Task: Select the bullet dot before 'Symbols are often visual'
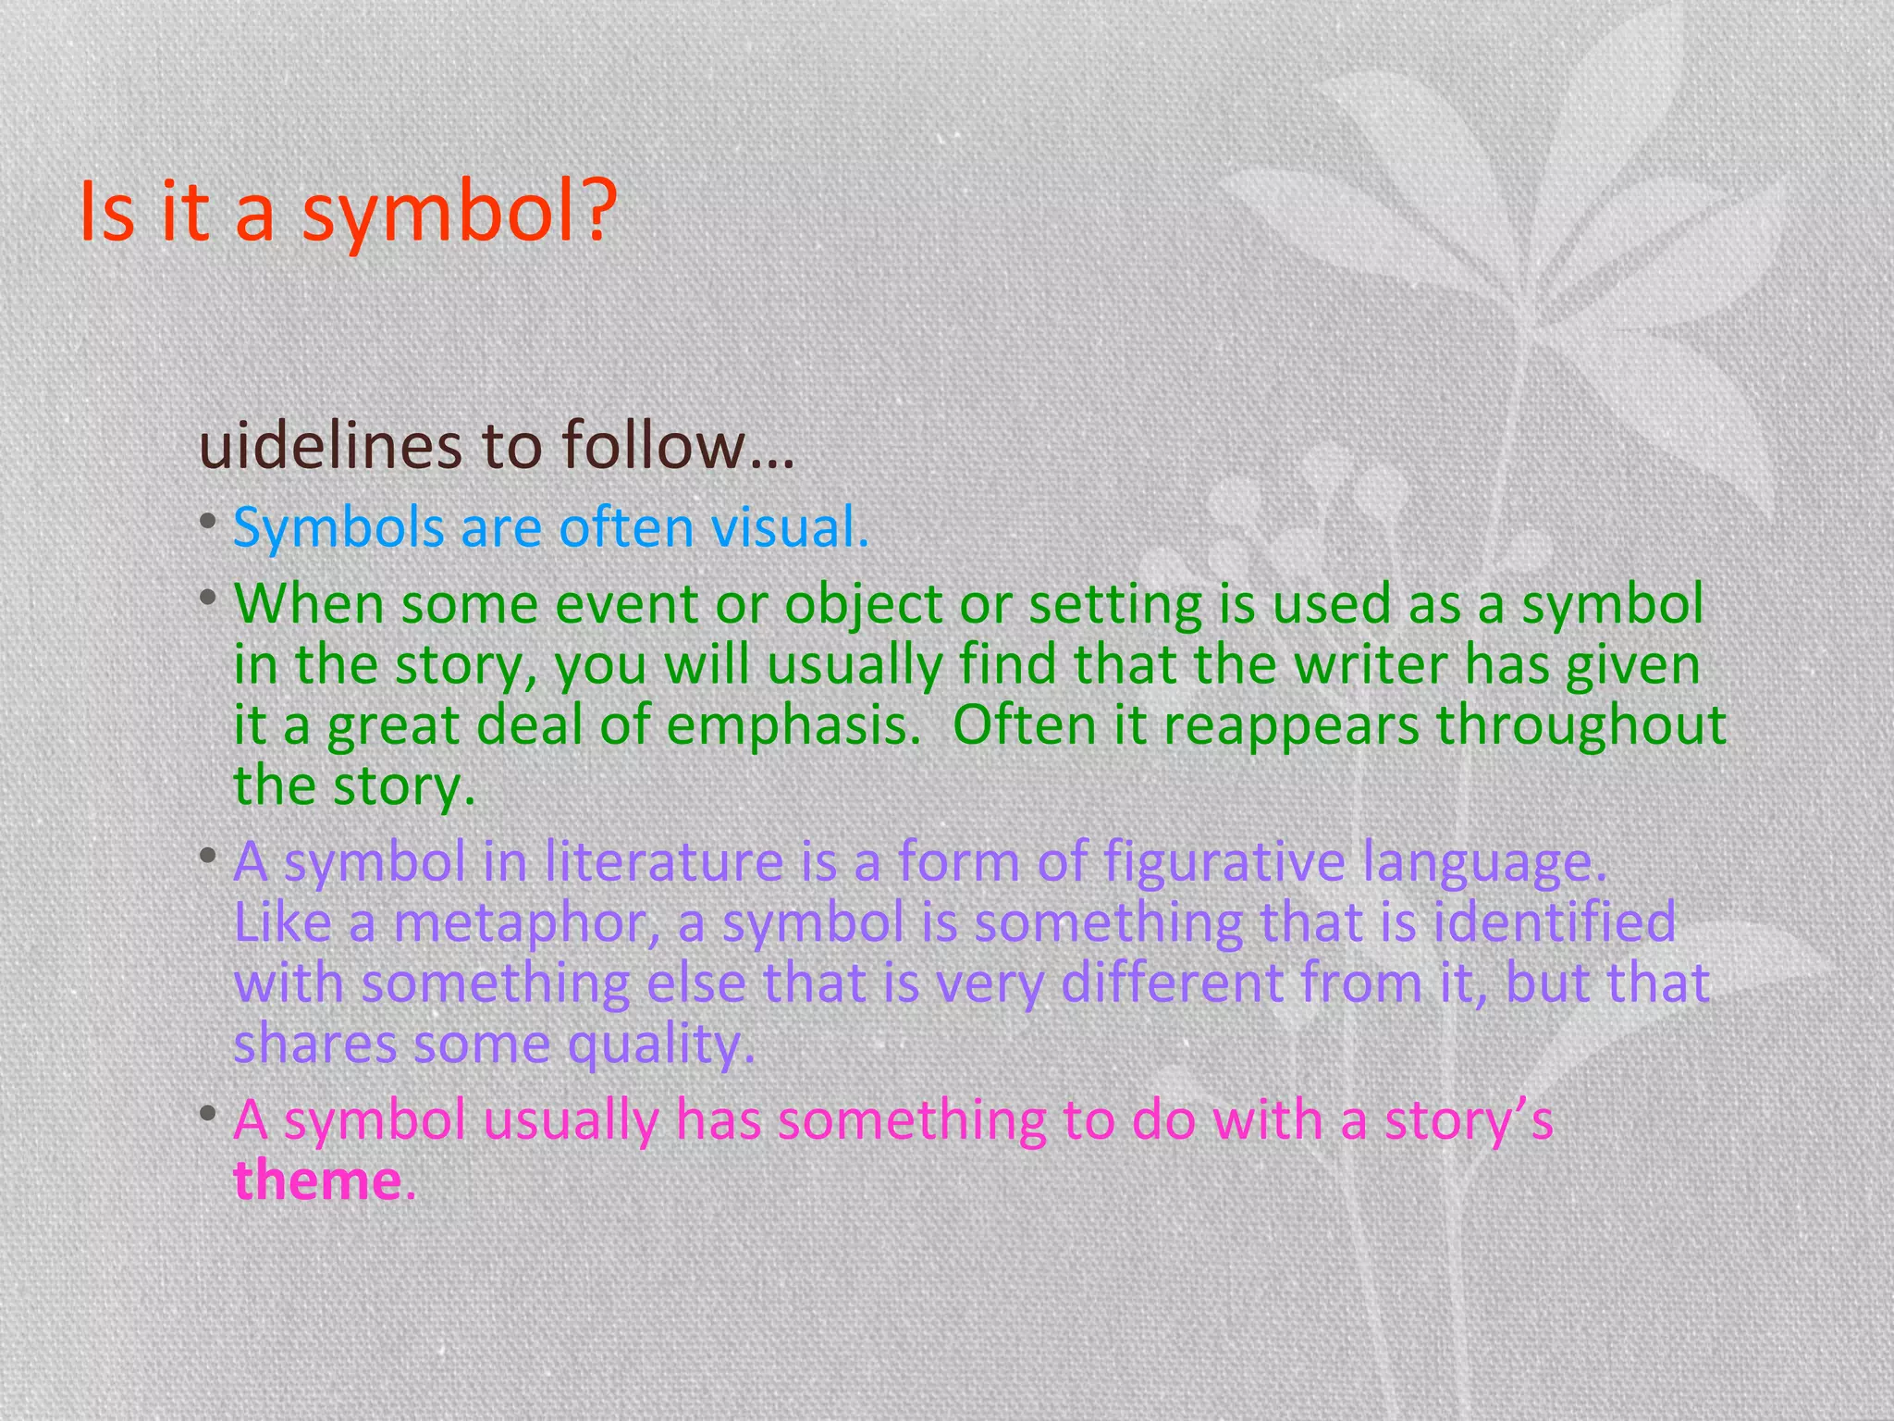[208, 524]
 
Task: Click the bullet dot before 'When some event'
[208, 599]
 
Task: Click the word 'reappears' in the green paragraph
[1291, 726]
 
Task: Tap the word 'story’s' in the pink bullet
[1468, 1120]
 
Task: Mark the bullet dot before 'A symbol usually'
[208, 1114]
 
